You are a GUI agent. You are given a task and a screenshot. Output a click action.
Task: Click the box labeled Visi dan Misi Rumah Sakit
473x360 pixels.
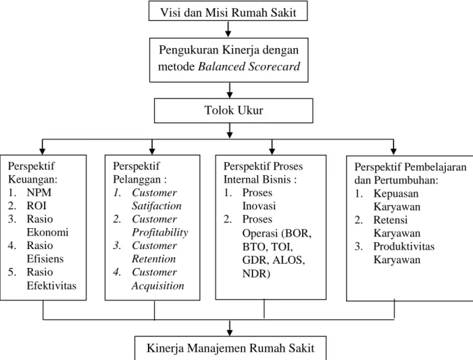point(228,11)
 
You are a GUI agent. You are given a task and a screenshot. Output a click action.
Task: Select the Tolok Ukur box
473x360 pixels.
point(234,110)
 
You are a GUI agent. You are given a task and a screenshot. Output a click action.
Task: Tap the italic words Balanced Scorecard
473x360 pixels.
point(249,66)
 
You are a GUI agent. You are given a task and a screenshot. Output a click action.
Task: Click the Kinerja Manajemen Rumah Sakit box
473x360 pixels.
point(230,348)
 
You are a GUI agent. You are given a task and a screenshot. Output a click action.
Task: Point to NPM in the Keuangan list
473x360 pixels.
point(39,193)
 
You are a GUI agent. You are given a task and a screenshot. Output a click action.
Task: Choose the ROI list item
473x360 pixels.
point(36,206)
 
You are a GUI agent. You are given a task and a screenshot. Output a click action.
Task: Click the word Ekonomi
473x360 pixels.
point(47,232)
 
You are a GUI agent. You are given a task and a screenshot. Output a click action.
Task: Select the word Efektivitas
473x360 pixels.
point(52,285)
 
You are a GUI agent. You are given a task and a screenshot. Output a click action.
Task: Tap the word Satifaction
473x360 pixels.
point(156,206)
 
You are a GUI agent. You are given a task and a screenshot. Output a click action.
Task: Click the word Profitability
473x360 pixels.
point(160,232)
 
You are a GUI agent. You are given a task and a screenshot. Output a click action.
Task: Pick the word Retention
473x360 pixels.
point(154,259)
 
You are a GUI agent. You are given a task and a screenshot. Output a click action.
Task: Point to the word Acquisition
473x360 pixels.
point(158,286)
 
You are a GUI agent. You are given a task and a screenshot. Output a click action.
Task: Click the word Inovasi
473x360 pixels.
point(259,206)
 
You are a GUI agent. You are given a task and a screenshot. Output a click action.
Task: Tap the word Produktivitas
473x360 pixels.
point(404,246)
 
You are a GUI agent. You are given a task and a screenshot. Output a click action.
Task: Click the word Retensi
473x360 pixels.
point(391,220)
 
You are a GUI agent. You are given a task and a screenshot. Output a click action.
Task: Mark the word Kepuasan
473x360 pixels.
point(396,194)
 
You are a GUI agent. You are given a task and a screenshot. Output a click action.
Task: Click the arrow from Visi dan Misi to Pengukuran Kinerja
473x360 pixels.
point(228,29)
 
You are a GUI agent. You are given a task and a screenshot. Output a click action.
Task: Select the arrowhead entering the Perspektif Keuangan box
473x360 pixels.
point(43,151)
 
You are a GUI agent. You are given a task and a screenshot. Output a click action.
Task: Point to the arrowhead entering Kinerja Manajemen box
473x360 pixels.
point(230,332)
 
